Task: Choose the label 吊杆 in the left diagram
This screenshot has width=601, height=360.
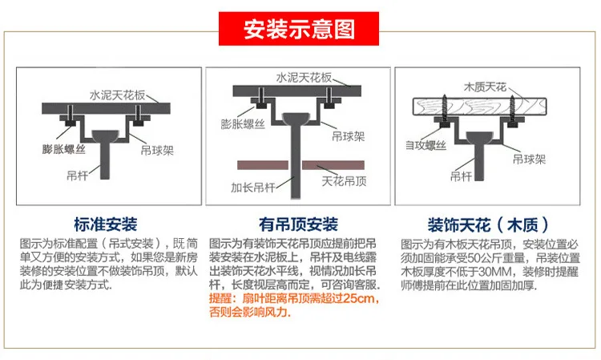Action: [78, 172]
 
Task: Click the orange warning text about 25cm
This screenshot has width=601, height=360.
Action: [293, 304]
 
